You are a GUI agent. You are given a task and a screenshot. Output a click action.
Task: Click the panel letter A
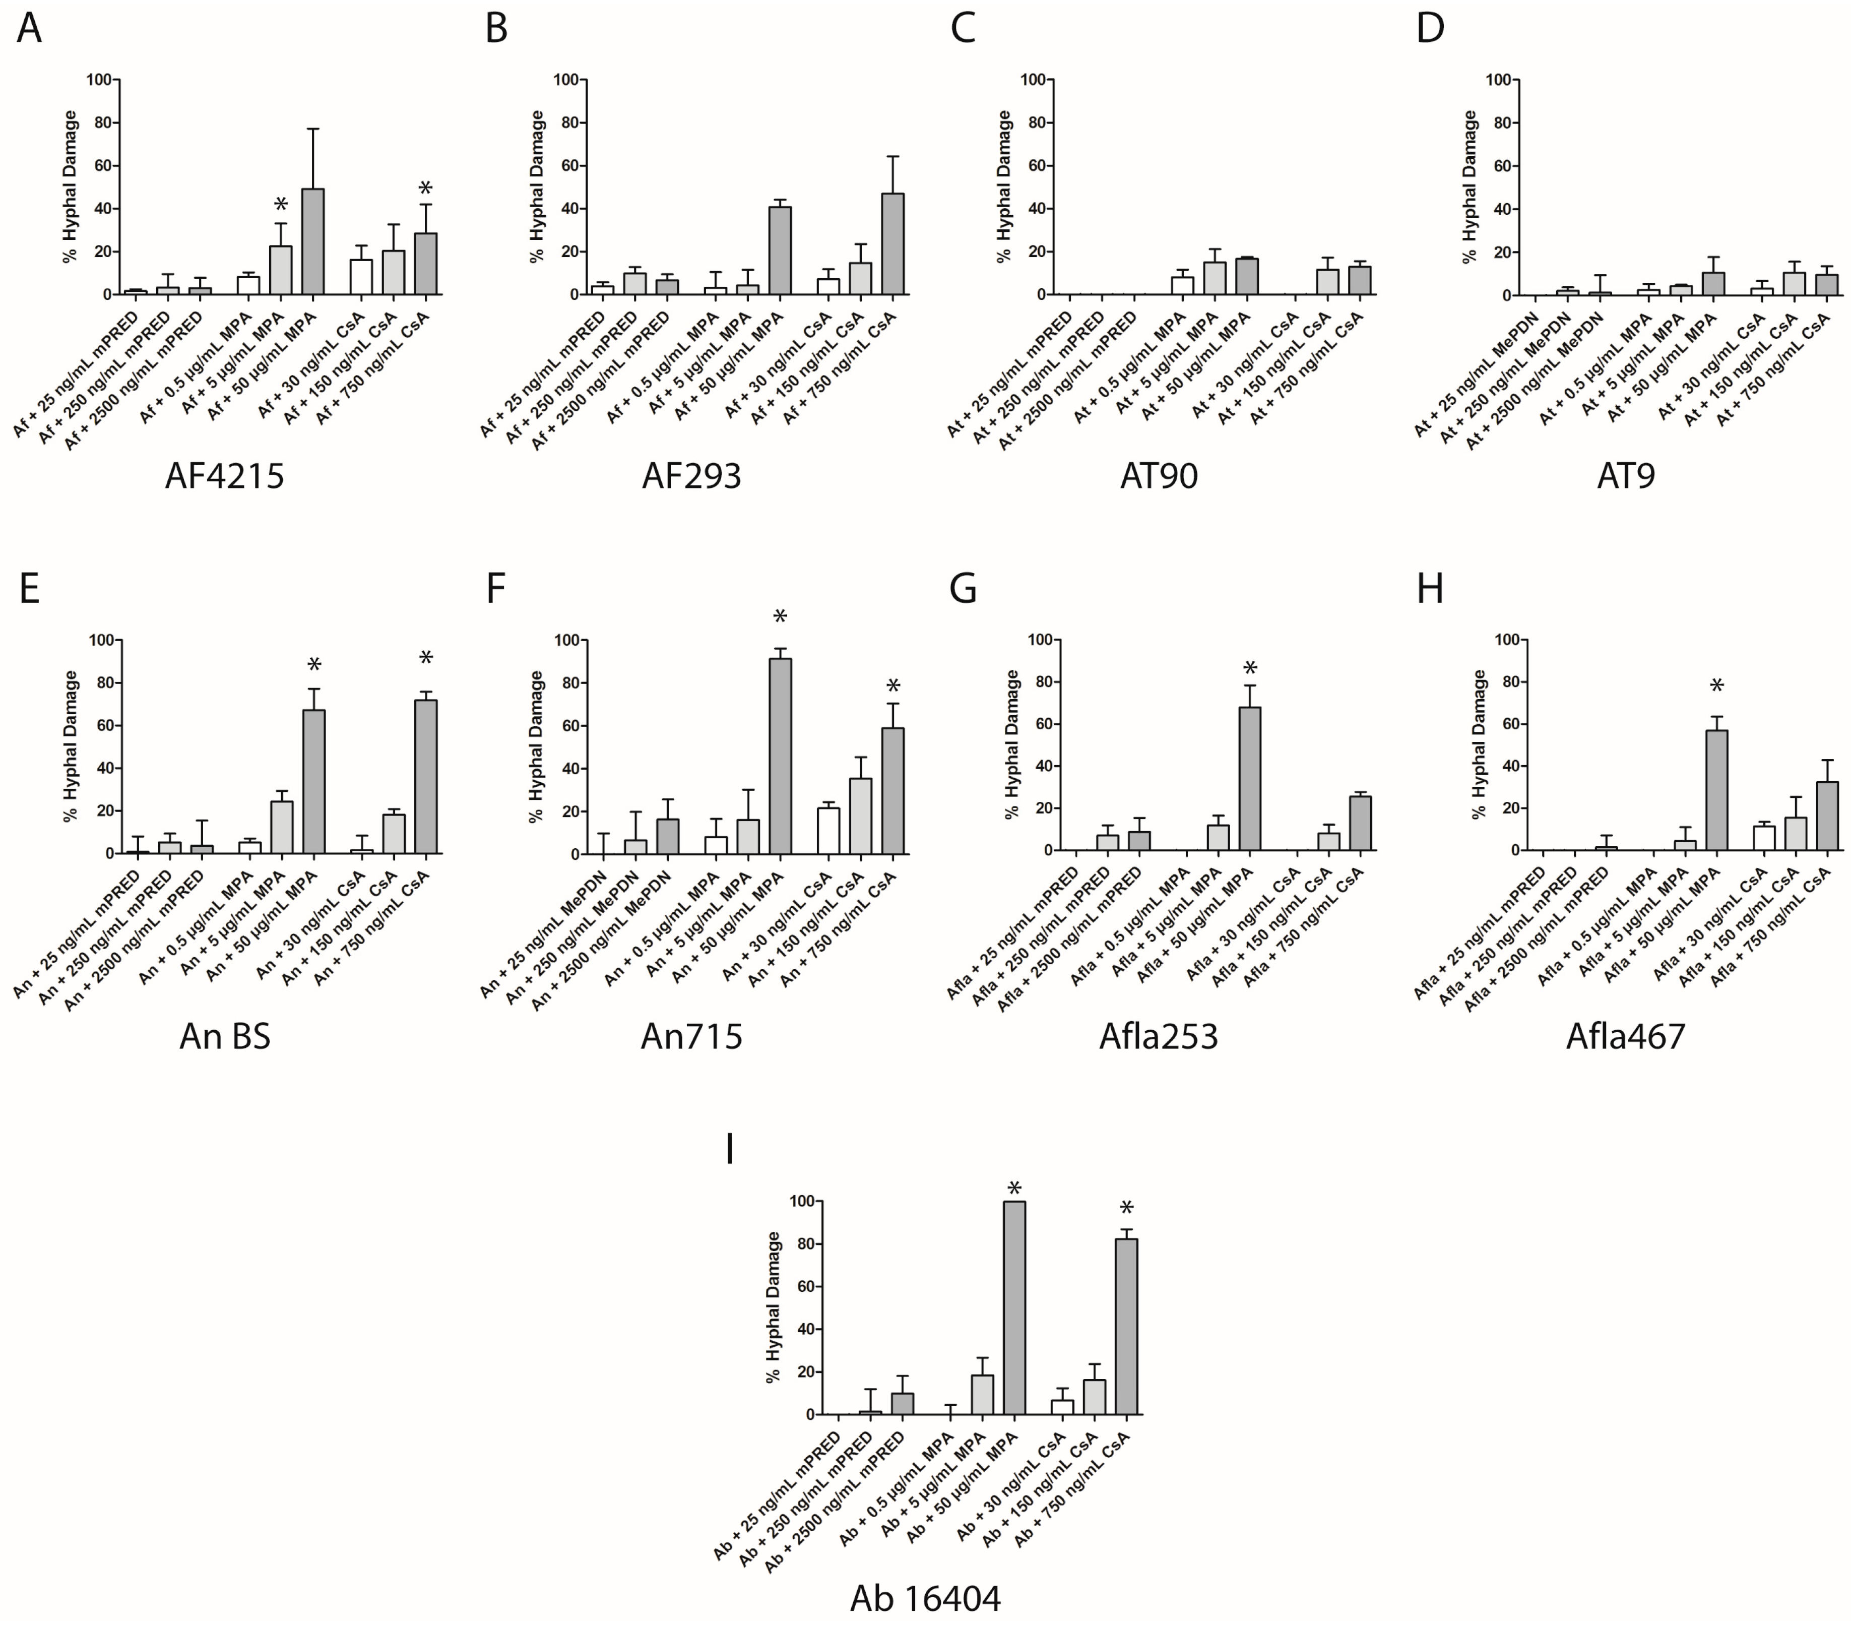click(29, 29)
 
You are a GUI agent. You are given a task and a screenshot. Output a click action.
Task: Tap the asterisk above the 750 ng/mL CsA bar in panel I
click(1126, 1208)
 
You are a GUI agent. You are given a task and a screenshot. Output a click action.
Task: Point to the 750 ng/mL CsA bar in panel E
click(426, 777)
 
